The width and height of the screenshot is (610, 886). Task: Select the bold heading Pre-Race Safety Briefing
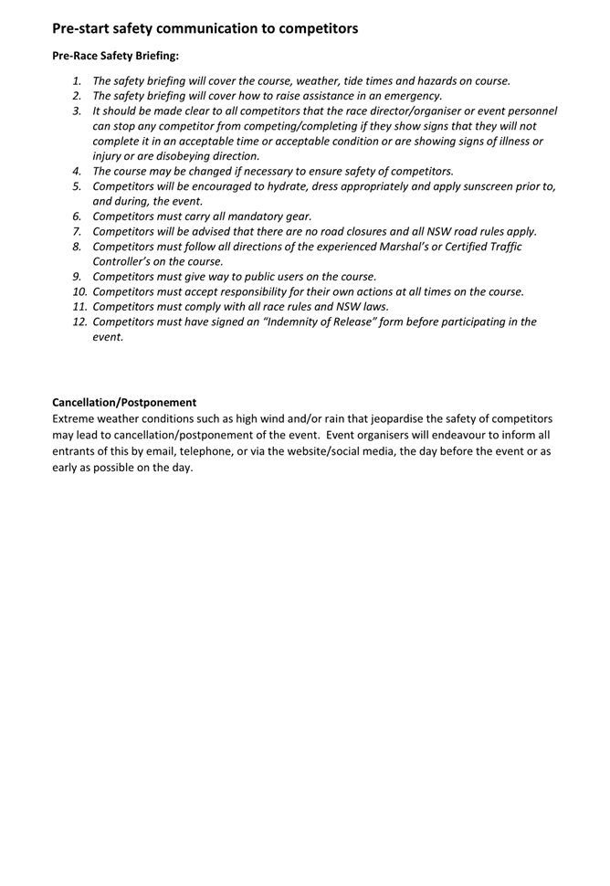(x=115, y=56)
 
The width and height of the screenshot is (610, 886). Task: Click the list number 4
(x=78, y=171)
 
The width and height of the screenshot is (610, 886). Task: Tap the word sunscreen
(x=478, y=186)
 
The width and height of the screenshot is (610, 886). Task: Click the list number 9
(x=78, y=277)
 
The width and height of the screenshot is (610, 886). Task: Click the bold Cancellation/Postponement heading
(x=124, y=402)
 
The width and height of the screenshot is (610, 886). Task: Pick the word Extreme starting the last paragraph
(x=76, y=419)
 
